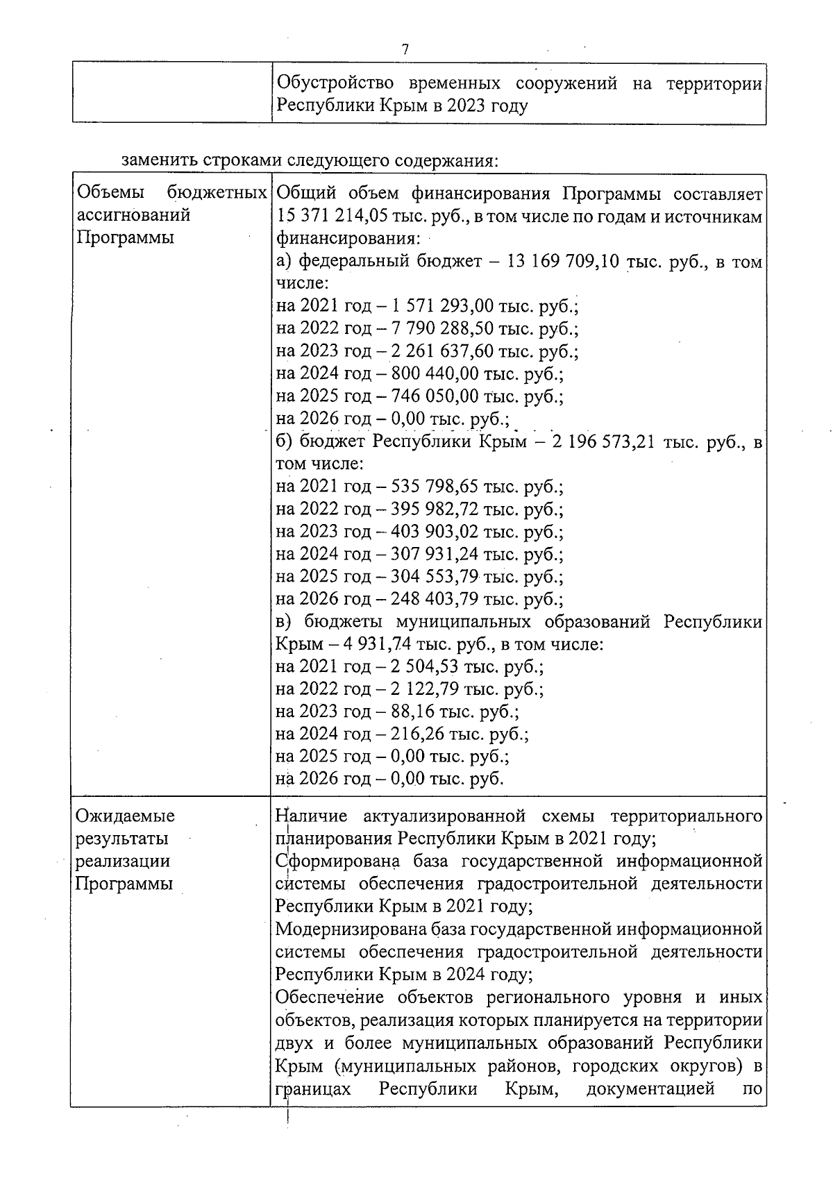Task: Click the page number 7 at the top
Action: click(405, 49)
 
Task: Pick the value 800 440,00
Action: click(435, 374)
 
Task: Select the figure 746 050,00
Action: click(435, 396)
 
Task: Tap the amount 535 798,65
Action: click(435, 487)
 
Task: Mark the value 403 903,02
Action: click(435, 532)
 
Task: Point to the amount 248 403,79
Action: click(435, 598)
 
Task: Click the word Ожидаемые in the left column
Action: click(125, 816)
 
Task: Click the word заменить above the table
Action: click(160, 161)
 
